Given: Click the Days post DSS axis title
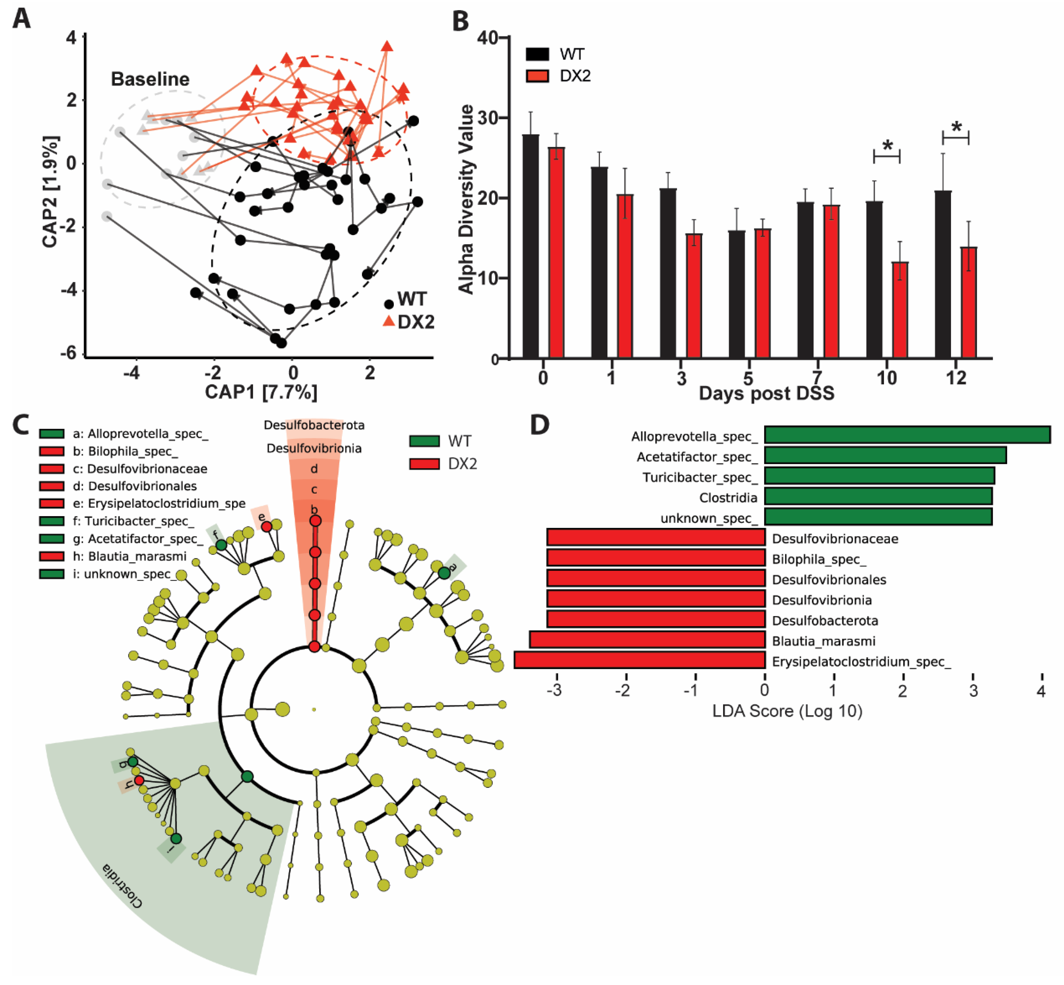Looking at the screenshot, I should pyautogui.click(x=766, y=393).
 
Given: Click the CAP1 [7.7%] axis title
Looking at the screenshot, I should pyautogui.click(x=261, y=392).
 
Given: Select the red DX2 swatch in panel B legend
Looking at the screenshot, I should pyautogui.click(x=537, y=76).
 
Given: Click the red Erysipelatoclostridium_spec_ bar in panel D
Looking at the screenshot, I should pyautogui.click(x=640, y=660).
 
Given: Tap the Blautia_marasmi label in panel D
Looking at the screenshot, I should pyautogui.click(x=823, y=641).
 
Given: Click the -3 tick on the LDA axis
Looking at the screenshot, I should pyautogui.click(x=555, y=691).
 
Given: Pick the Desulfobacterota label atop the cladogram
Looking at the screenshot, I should pyautogui.click(x=314, y=425).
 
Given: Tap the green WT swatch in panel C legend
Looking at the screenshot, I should pyautogui.click(x=424, y=441).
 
